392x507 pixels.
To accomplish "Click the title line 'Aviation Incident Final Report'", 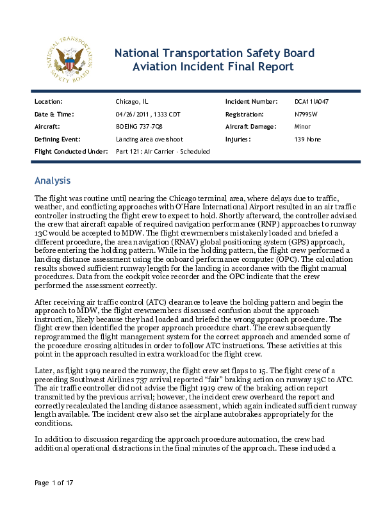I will click(x=213, y=67).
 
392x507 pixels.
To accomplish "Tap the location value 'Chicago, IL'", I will click(x=132, y=102).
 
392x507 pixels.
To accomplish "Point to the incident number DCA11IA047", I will click(x=312, y=102).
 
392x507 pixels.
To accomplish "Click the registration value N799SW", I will click(x=306, y=114).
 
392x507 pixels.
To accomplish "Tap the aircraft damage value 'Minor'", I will click(x=303, y=127).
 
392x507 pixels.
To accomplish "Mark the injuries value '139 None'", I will click(x=308, y=139).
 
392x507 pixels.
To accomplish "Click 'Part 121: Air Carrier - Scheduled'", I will click(x=163, y=151).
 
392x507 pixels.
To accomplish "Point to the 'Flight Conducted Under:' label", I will click(x=70, y=151).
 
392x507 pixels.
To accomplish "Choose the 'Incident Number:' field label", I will click(x=251, y=102).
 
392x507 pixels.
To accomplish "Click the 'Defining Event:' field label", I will click(x=56, y=139).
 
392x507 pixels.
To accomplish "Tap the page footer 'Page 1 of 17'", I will click(x=55, y=483).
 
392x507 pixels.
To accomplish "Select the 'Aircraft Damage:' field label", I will click(x=251, y=127).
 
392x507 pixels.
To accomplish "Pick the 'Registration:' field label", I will click(x=245, y=114).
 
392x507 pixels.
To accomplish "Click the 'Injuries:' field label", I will click(x=238, y=139).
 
